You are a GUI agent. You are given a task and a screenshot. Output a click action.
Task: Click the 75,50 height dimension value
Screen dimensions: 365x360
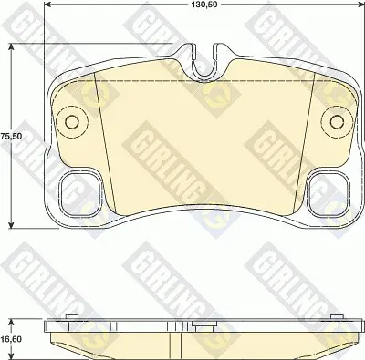point(11,136)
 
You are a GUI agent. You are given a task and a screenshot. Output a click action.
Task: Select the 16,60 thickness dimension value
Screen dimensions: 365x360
point(11,339)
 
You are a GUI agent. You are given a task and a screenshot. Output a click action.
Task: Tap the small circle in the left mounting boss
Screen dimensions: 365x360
point(72,122)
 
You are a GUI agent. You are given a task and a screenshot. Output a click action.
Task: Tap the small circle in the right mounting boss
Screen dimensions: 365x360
point(337,122)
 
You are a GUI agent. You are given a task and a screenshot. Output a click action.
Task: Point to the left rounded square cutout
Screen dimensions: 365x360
point(80,193)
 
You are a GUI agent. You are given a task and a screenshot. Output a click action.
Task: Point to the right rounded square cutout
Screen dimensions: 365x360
point(328,193)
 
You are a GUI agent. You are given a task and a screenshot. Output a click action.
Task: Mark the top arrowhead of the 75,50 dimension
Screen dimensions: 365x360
point(11,47)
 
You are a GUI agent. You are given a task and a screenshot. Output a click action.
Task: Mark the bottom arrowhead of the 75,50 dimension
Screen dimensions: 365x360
point(11,224)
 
